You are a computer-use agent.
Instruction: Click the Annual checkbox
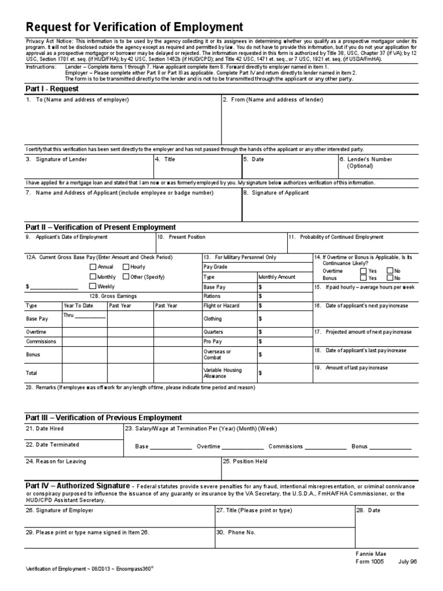(x=93, y=267)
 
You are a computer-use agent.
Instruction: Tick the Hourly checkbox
(x=125, y=267)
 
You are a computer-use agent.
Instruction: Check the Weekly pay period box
(x=93, y=286)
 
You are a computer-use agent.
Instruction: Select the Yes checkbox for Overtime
(x=363, y=271)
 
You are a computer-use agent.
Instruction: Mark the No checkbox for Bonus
(x=390, y=278)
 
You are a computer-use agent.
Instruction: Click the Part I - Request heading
(x=52, y=89)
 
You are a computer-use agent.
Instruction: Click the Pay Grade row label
(x=216, y=267)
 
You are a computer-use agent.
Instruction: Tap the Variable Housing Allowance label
(x=223, y=373)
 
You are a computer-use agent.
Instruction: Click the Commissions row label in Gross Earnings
(x=41, y=342)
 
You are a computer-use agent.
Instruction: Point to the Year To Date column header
(x=78, y=305)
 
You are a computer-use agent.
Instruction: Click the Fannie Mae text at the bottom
(x=371, y=553)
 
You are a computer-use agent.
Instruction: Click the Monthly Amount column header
(x=277, y=277)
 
